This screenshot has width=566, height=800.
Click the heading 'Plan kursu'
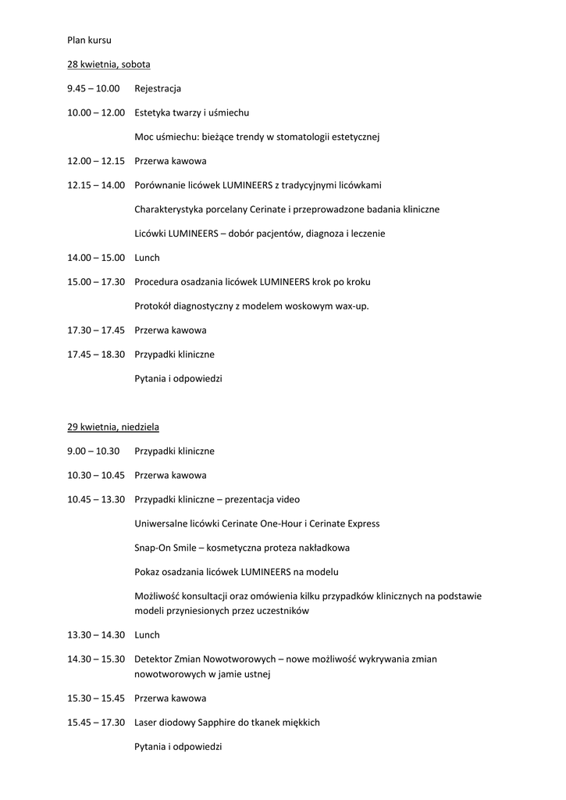tap(89, 39)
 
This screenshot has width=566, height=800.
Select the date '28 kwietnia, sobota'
tap(109, 64)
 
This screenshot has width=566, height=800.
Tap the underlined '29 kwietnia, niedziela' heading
tap(113, 427)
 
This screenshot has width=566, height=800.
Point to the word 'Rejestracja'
tap(158, 89)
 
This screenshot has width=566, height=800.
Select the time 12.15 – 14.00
tap(96, 185)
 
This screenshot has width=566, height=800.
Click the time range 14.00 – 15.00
tap(96, 257)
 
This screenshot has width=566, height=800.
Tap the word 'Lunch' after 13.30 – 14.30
tap(147, 635)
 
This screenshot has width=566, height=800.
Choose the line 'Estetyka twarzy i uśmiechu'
tap(192, 112)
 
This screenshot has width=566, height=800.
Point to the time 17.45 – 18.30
tap(96, 354)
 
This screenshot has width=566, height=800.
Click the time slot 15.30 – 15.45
tap(96, 698)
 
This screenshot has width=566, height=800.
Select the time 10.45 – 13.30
tap(96, 499)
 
